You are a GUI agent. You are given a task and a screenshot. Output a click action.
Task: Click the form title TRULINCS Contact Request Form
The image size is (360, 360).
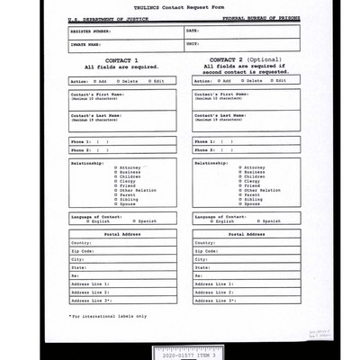[179, 8]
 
